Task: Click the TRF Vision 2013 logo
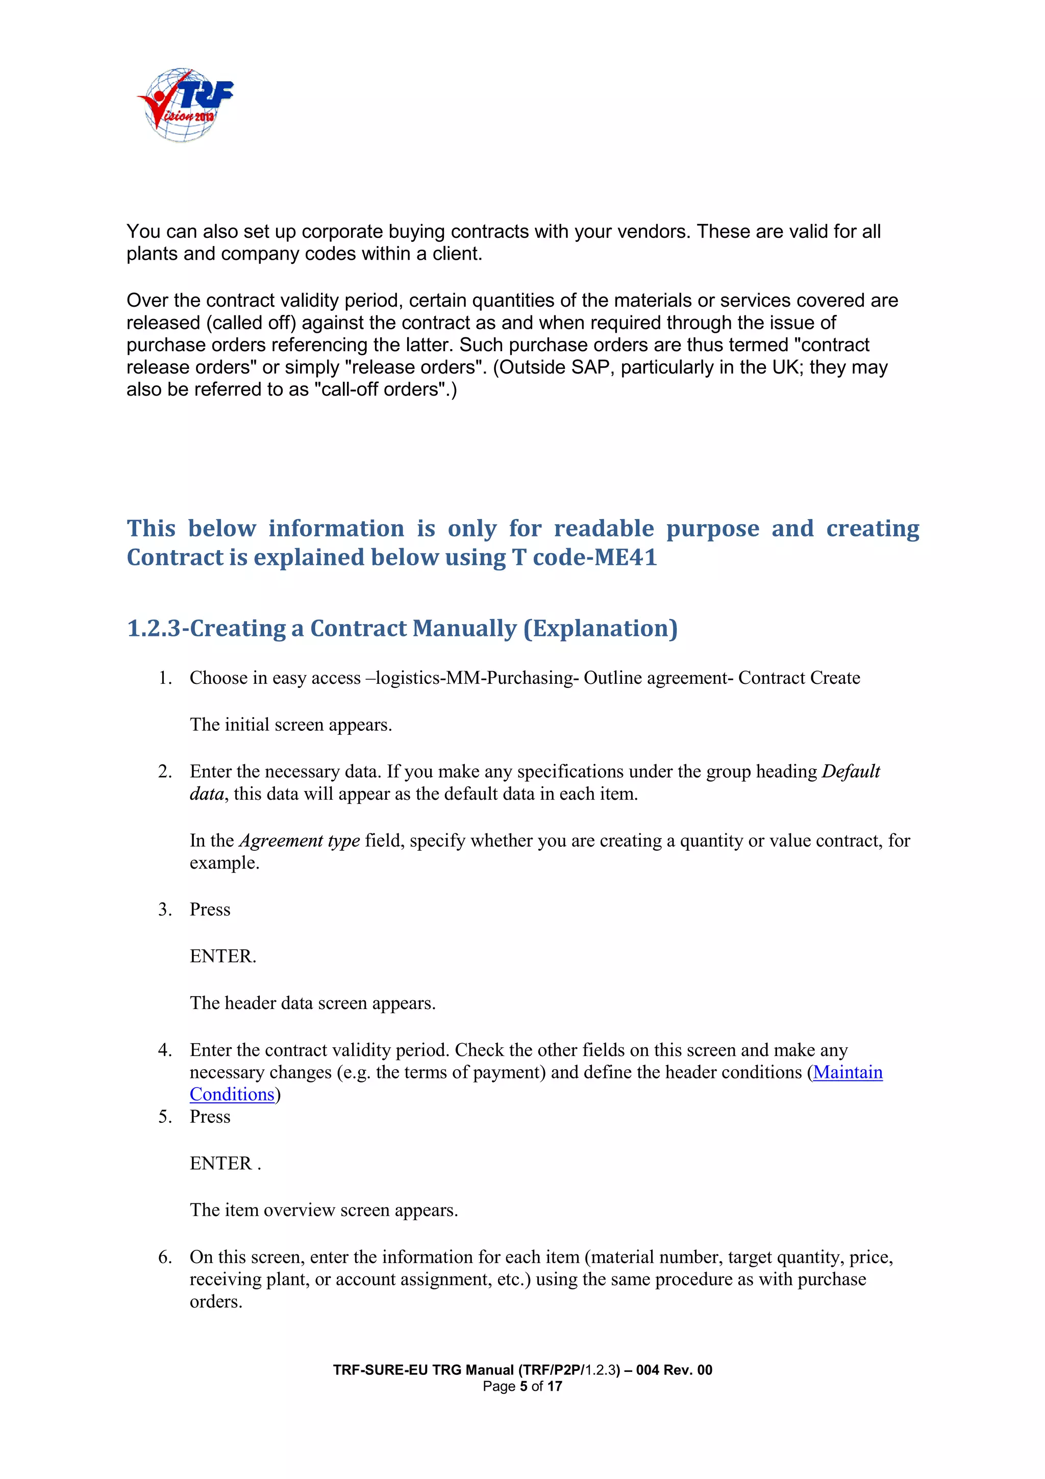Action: click(x=185, y=105)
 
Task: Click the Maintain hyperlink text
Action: click(x=848, y=1073)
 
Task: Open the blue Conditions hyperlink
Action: click(x=232, y=1094)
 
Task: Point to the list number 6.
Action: click(x=164, y=1257)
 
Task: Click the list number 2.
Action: click(x=164, y=772)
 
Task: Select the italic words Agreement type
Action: click(x=299, y=841)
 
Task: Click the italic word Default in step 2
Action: click(x=851, y=772)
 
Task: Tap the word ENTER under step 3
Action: click(x=221, y=956)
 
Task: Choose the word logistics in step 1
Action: click(x=408, y=678)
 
